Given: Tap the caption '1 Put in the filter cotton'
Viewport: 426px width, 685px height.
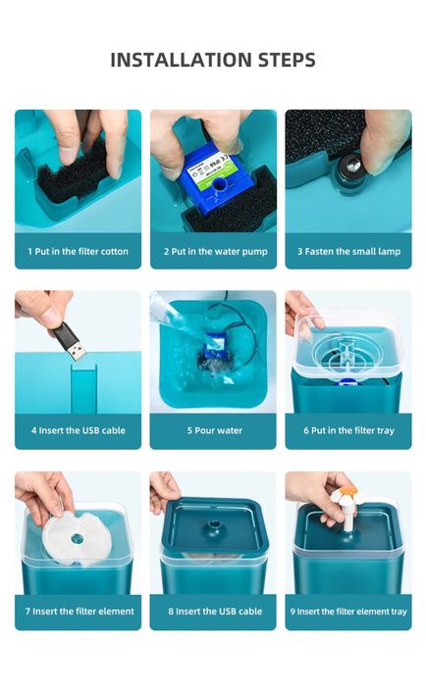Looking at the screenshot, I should coord(78,252).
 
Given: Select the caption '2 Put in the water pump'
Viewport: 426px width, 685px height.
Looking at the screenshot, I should coord(213,252).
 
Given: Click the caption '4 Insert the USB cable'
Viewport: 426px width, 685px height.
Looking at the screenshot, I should coord(78,431).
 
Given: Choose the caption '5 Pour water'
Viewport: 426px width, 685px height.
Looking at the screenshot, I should coord(213,431).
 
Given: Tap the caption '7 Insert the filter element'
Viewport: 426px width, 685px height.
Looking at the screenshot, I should coord(78,612).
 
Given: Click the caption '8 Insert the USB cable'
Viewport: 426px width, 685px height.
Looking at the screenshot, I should coord(213,612).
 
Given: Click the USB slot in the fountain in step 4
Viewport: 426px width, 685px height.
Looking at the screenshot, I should coord(82,385).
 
